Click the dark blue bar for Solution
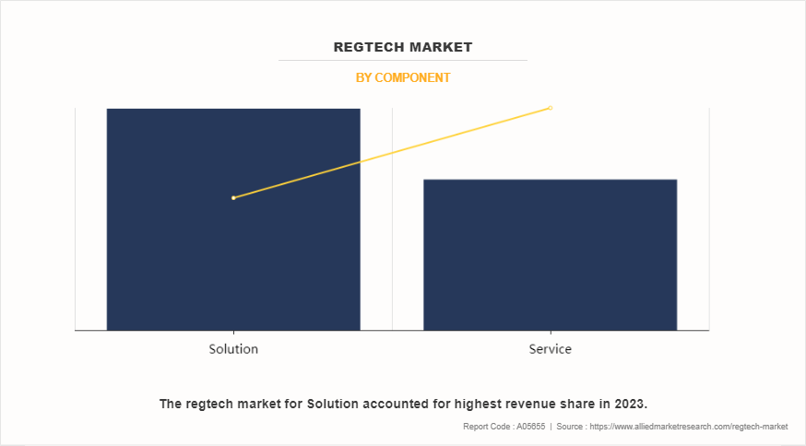pyautogui.click(x=233, y=258)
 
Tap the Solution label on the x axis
pyautogui.click(x=233, y=349)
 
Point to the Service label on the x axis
pyautogui.click(x=551, y=349)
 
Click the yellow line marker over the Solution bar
pyautogui.click(x=233, y=197)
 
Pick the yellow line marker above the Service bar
pyautogui.click(x=551, y=108)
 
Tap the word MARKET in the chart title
pyautogui.click(x=440, y=47)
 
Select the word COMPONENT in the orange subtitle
pyautogui.click(x=412, y=78)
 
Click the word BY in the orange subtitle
pyautogui.click(x=363, y=78)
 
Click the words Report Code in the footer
pyautogui.click(x=486, y=427)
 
